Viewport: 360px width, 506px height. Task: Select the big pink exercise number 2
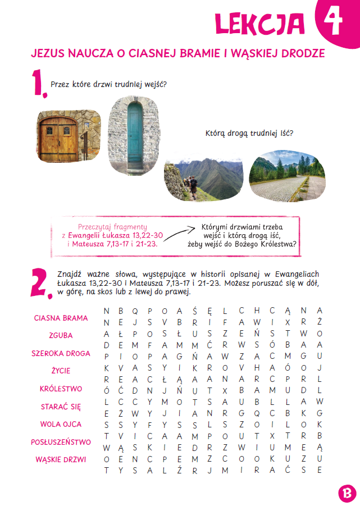pos(38,281)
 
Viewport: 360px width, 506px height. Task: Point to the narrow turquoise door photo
pos(134,135)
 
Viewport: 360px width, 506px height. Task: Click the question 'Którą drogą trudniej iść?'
pos(250,134)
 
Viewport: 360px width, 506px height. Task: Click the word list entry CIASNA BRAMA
pos(61,318)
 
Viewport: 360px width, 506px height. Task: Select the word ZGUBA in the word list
pos(61,336)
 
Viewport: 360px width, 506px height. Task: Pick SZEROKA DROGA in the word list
pos(61,354)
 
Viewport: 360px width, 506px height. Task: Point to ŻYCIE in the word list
pos(61,371)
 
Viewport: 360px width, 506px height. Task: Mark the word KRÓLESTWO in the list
pos(61,389)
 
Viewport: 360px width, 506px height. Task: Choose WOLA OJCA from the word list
pos(61,425)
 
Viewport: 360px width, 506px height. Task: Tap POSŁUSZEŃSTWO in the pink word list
pos(61,442)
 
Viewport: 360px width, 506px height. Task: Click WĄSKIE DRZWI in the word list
pos(61,460)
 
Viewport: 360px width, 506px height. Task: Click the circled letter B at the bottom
pos(348,494)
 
